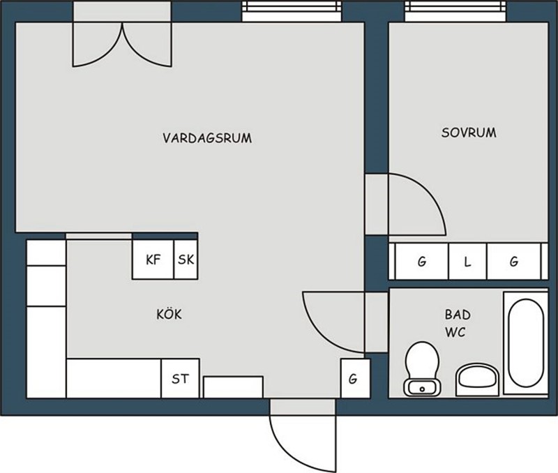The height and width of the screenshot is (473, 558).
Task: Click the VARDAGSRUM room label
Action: [x=207, y=138]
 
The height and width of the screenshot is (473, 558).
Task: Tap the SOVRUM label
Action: [x=469, y=133]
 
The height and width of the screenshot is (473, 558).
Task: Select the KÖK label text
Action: [x=169, y=314]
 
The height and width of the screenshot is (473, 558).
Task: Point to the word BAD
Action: [x=458, y=315]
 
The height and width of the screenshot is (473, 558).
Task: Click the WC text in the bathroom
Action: [x=455, y=332]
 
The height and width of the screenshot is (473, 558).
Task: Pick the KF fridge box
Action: [x=153, y=260]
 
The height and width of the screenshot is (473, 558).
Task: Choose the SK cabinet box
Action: [x=186, y=260]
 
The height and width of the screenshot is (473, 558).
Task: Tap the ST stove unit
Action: [x=180, y=378]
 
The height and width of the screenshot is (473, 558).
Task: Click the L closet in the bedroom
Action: [x=467, y=262]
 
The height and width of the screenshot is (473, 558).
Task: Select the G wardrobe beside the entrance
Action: [x=353, y=378]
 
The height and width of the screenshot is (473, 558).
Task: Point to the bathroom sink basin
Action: [x=478, y=380]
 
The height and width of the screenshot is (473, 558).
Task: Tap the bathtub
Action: [x=526, y=343]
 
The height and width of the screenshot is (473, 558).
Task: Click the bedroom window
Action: [x=455, y=10]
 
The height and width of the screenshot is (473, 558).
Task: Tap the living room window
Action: [x=292, y=10]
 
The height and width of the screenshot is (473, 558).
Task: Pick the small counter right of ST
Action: [x=233, y=387]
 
